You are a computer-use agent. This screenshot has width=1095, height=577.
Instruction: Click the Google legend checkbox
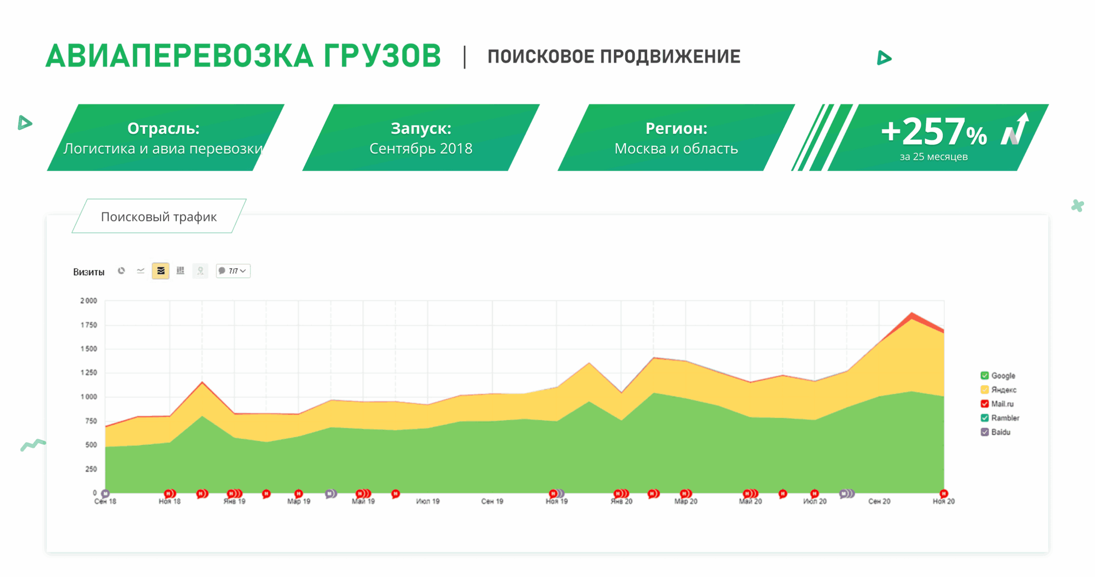[984, 376]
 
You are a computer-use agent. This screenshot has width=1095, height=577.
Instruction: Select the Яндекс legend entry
[1003, 390]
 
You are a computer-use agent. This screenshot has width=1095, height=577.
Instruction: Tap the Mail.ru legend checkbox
[984, 404]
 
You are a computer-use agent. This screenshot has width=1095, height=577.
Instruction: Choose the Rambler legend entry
[1004, 418]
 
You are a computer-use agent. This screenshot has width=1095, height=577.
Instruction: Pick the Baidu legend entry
[1000, 432]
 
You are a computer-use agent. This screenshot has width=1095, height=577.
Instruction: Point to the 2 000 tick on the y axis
[89, 301]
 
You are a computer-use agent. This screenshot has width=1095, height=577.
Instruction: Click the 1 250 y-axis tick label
[89, 373]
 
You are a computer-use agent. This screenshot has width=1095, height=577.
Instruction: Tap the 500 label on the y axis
[91, 445]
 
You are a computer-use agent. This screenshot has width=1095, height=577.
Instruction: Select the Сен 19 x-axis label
[492, 501]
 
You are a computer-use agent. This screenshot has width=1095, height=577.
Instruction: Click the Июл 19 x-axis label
[427, 501]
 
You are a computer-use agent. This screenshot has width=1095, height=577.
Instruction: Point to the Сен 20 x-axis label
[879, 501]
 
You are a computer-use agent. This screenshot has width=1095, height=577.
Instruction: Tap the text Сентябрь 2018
[420, 149]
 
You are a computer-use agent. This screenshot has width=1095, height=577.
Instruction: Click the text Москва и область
[676, 149]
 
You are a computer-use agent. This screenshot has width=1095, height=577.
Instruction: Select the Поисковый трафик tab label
[159, 217]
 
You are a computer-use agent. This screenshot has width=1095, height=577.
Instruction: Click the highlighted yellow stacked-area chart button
[160, 271]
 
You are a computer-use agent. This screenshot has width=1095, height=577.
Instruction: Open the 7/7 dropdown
[233, 271]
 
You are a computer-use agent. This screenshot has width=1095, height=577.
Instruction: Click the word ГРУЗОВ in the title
[382, 56]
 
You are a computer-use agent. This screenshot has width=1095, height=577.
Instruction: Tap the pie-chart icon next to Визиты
[121, 271]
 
